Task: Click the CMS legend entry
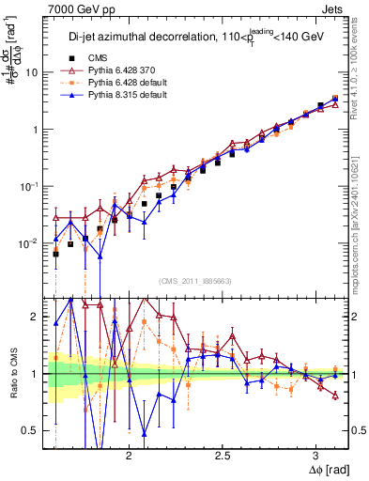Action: [x=110, y=57]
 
